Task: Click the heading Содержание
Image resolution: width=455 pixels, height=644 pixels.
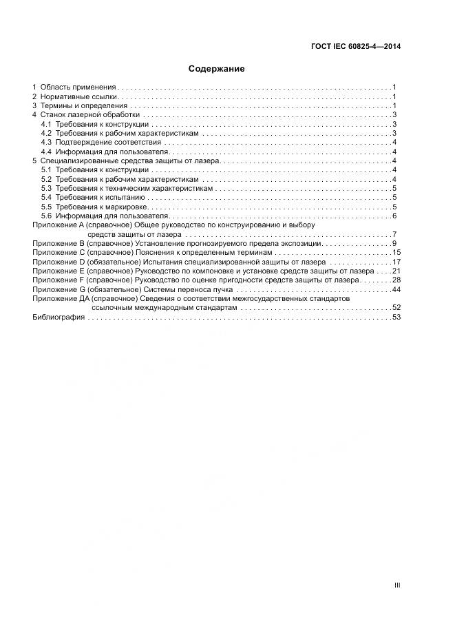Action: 217,69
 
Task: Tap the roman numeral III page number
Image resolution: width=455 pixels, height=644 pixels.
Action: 397,585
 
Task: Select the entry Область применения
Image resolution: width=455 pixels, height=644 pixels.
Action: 78,87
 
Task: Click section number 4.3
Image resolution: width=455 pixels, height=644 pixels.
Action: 46,142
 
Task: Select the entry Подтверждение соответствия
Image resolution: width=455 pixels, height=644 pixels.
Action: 108,142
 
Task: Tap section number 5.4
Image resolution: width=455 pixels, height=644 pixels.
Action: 46,198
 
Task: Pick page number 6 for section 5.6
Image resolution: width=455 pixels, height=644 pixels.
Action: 394,216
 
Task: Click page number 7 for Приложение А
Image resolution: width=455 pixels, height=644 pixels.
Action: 394,235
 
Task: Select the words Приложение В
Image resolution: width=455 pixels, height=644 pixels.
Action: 58,244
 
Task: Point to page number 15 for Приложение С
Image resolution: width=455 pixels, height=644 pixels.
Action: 396,253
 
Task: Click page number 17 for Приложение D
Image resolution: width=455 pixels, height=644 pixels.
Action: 396,262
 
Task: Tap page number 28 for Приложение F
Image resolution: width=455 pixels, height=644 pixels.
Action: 396,280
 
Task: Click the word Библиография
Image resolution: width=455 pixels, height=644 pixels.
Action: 59,318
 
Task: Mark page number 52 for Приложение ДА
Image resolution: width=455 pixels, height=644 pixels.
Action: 396,308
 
